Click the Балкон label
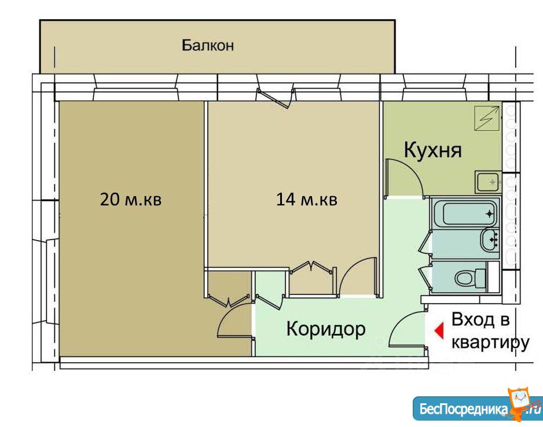tap(208, 45)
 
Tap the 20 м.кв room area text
tap(131, 199)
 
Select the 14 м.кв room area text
tap(306, 199)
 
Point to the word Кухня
tap(433, 150)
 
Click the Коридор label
tap(326, 329)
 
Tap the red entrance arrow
tap(439, 330)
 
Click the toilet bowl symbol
tap(471, 278)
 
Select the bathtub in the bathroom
tap(464, 213)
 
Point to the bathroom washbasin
tap(489, 239)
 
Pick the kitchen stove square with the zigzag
tap(486, 119)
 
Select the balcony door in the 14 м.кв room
tap(274, 98)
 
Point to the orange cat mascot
tap(523, 404)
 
